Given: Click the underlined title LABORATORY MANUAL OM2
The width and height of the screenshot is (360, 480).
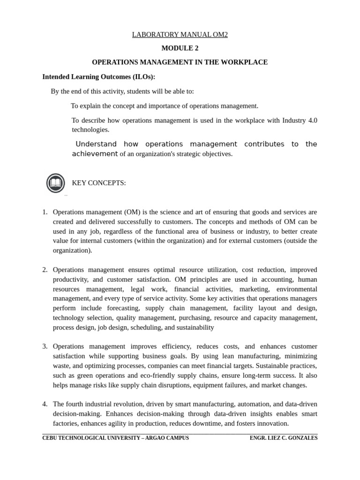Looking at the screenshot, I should (x=180, y=35).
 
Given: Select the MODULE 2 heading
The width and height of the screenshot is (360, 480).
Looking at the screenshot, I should (x=180, y=48).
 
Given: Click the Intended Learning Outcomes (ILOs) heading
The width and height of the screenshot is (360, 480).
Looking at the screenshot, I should (x=98, y=76).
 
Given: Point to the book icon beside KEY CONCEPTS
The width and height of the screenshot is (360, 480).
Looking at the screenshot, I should (x=55, y=183).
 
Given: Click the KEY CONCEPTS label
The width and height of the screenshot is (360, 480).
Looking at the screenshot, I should (x=99, y=183).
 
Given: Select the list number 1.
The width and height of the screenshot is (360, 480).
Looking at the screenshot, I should (x=45, y=212).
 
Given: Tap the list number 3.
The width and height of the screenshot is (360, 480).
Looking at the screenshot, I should (x=45, y=346).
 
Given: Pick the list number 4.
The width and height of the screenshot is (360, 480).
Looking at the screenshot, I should (x=45, y=404).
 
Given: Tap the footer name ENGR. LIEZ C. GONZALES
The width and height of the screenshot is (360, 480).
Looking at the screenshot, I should (x=284, y=438).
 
